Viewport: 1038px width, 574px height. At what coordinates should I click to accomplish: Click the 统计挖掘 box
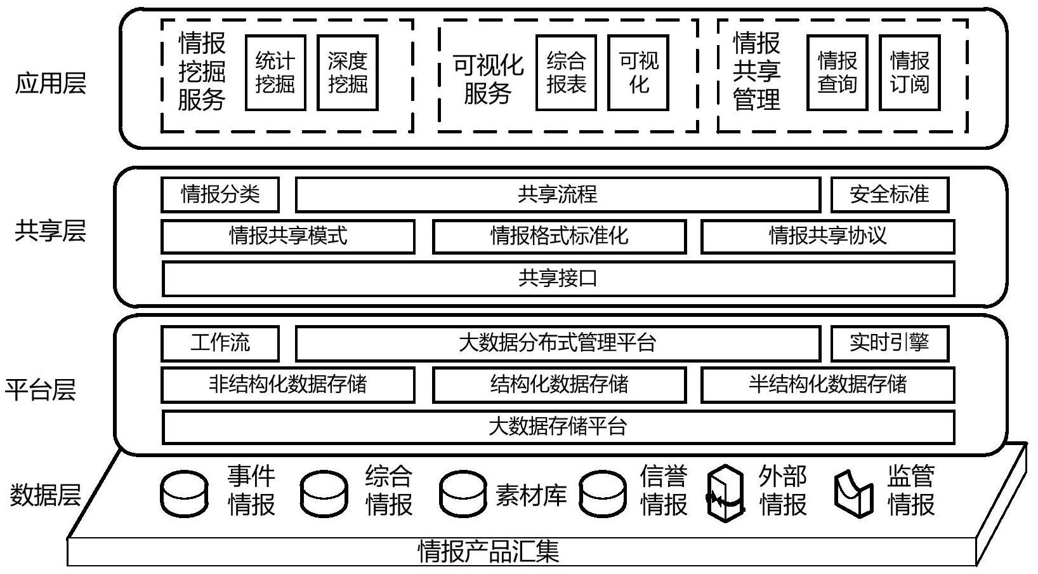[275, 73]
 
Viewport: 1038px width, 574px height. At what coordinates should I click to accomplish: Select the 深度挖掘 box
[347, 73]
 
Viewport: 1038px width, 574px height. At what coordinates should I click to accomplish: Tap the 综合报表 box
[566, 73]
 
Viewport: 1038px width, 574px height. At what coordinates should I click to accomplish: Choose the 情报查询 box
[837, 73]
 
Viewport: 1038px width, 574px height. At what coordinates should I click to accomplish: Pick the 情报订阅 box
[909, 73]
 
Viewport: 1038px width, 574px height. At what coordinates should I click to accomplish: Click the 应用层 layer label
[51, 83]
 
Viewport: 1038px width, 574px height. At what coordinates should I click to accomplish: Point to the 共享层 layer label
[51, 231]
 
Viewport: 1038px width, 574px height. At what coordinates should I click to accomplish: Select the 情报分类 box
[220, 194]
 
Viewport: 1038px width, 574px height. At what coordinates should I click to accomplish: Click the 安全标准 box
[890, 194]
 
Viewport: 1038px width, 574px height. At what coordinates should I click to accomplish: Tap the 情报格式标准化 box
[559, 236]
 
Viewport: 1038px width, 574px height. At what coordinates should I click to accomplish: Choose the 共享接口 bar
[558, 279]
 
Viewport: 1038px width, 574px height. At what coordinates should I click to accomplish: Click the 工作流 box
[220, 344]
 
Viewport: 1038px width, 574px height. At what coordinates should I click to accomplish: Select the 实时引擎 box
[890, 344]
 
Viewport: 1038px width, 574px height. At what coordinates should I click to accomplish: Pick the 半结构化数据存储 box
[827, 385]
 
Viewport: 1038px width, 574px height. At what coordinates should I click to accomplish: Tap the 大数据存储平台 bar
[558, 427]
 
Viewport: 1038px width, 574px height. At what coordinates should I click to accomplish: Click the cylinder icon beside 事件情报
[184, 493]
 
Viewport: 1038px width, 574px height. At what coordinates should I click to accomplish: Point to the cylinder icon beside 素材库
[463, 493]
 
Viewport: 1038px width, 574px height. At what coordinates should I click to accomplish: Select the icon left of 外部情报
[725, 493]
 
